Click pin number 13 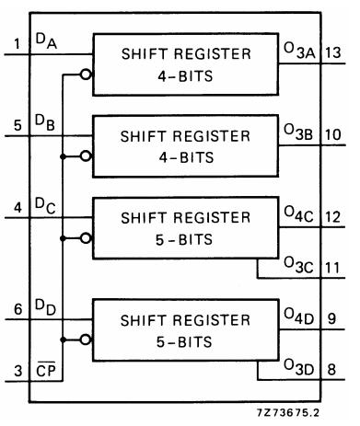[333, 52]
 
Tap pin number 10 [333, 134]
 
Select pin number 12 [333, 217]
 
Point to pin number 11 [333, 268]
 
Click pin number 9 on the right [332, 319]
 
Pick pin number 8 [331, 370]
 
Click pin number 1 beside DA [17, 43]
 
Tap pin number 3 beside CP [18, 371]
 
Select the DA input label [46, 40]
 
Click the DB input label [45, 122]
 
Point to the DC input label [45, 205]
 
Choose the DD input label [45, 307]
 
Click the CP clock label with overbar [46, 370]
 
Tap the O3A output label [299, 51]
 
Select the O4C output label [299, 214]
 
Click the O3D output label [299, 367]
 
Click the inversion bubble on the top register [86, 75]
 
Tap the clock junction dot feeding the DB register [63, 156]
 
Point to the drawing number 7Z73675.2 [288, 412]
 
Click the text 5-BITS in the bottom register [184, 342]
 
